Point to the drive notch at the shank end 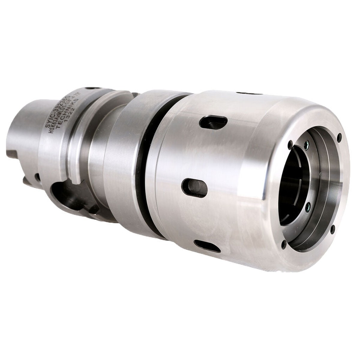point(27,180)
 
